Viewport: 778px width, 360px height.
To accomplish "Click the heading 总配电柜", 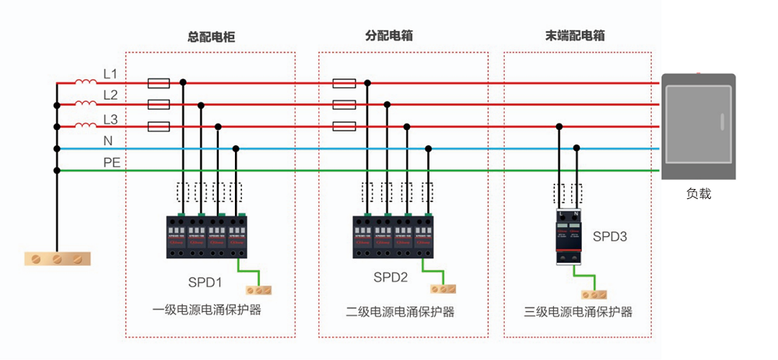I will [x=212, y=37].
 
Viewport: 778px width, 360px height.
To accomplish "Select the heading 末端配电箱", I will [x=576, y=36].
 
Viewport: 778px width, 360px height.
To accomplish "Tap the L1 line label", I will [x=110, y=74].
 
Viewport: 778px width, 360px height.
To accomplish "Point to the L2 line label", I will [x=110, y=96].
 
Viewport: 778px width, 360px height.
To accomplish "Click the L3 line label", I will [x=110, y=119].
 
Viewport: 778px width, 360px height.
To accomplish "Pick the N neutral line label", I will [x=108, y=141].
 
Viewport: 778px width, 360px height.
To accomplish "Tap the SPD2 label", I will [x=391, y=277].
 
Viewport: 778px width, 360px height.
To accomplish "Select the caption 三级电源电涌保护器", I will [x=578, y=312].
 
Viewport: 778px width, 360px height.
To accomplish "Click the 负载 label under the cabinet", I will [x=698, y=194].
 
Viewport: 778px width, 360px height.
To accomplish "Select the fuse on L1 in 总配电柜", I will [x=159, y=82].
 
